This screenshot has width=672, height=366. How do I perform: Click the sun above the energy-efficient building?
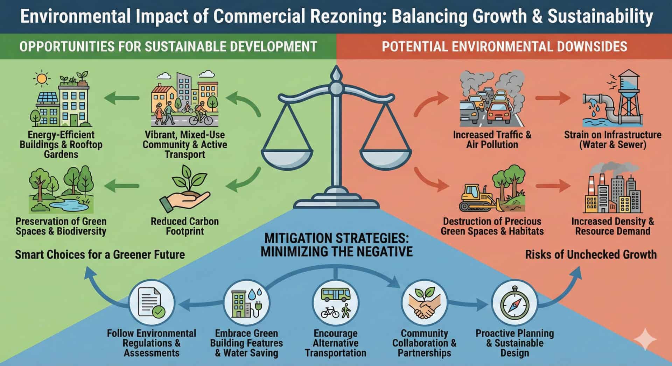click(x=41, y=79)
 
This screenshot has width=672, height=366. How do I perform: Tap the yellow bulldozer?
click(x=477, y=198)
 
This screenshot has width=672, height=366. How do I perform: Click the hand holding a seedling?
click(x=185, y=191)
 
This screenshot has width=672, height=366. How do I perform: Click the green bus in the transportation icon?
click(x=336, y=294)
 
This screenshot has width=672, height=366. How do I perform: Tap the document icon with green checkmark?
click(x=151, y=302)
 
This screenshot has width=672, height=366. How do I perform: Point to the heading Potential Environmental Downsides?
click(x=504, y=46)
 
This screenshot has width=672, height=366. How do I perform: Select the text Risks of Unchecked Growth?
click(x=591, y=254)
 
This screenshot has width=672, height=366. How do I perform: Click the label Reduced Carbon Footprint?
click(x=185, y=226)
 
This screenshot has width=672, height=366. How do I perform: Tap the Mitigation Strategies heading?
click(x=336, y=245)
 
